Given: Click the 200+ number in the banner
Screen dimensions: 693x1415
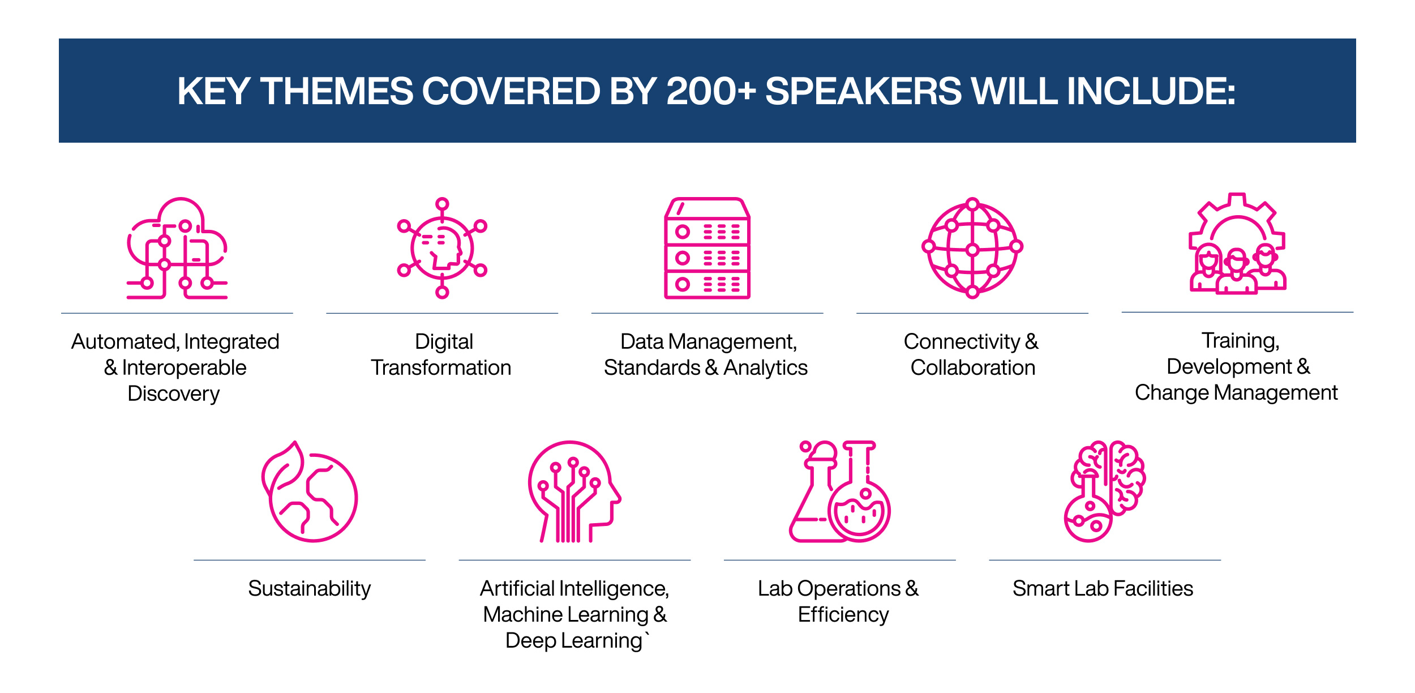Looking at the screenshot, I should click(x=711, y=91).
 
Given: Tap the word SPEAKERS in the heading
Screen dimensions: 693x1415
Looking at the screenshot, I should click(x=863, y=91).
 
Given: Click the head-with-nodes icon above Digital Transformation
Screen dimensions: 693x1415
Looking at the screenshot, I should click(x=442, y=248).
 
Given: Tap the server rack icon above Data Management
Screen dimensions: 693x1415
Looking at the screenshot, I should click(x=707, y=248).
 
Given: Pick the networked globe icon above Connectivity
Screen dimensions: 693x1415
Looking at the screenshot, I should click(x=972, y=248).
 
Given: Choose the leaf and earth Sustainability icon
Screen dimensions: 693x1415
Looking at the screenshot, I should click(x=310, y=491).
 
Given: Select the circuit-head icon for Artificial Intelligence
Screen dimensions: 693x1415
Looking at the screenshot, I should click(x=574, y=491).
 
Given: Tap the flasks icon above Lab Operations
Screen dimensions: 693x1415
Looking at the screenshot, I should click(x=840, y=491).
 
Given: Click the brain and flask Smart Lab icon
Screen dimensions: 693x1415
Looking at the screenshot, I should click(x=1104, y=491).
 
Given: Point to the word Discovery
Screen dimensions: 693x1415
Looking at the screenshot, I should click(x=173, y=393).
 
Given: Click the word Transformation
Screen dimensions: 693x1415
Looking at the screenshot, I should click(x=441, y=368).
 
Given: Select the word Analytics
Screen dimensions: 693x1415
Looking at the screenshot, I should click(x=765, y=368).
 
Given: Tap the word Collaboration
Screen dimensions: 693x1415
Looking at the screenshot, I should click(x=972, y=368).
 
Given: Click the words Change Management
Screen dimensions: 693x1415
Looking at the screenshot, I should click(x=1236, y=393).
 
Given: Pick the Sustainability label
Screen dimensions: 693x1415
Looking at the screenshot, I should click(x=309, y=589).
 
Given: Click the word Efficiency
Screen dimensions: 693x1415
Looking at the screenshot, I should click(x=843, y=615).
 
